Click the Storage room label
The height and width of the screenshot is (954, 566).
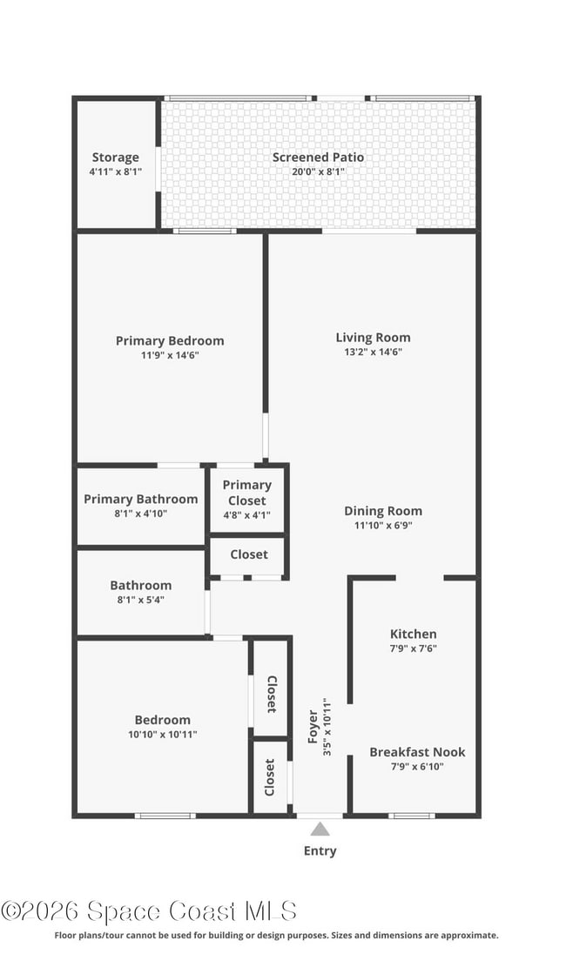116,158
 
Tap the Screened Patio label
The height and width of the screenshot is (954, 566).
318,158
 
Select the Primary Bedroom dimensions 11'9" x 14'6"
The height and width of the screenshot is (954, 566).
170,355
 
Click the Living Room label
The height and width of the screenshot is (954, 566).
373,338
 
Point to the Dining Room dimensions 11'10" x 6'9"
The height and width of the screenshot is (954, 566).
382,526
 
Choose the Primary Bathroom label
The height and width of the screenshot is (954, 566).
141,499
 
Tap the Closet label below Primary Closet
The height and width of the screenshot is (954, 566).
249,554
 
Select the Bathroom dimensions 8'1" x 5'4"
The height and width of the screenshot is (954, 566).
140,601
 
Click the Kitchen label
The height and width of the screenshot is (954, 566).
413,634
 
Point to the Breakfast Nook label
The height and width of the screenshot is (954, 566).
417,752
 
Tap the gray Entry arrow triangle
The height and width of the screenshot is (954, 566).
320,829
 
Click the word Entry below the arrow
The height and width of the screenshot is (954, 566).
320,850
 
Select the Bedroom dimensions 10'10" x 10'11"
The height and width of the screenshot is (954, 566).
162,735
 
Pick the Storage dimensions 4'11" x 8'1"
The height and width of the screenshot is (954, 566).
116,172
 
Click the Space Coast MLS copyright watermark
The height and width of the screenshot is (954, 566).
149,911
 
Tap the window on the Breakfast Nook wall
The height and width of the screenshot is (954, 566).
411,816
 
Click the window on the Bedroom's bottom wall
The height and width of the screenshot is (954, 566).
165,816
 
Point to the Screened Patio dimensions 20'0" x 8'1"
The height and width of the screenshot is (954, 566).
318,172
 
